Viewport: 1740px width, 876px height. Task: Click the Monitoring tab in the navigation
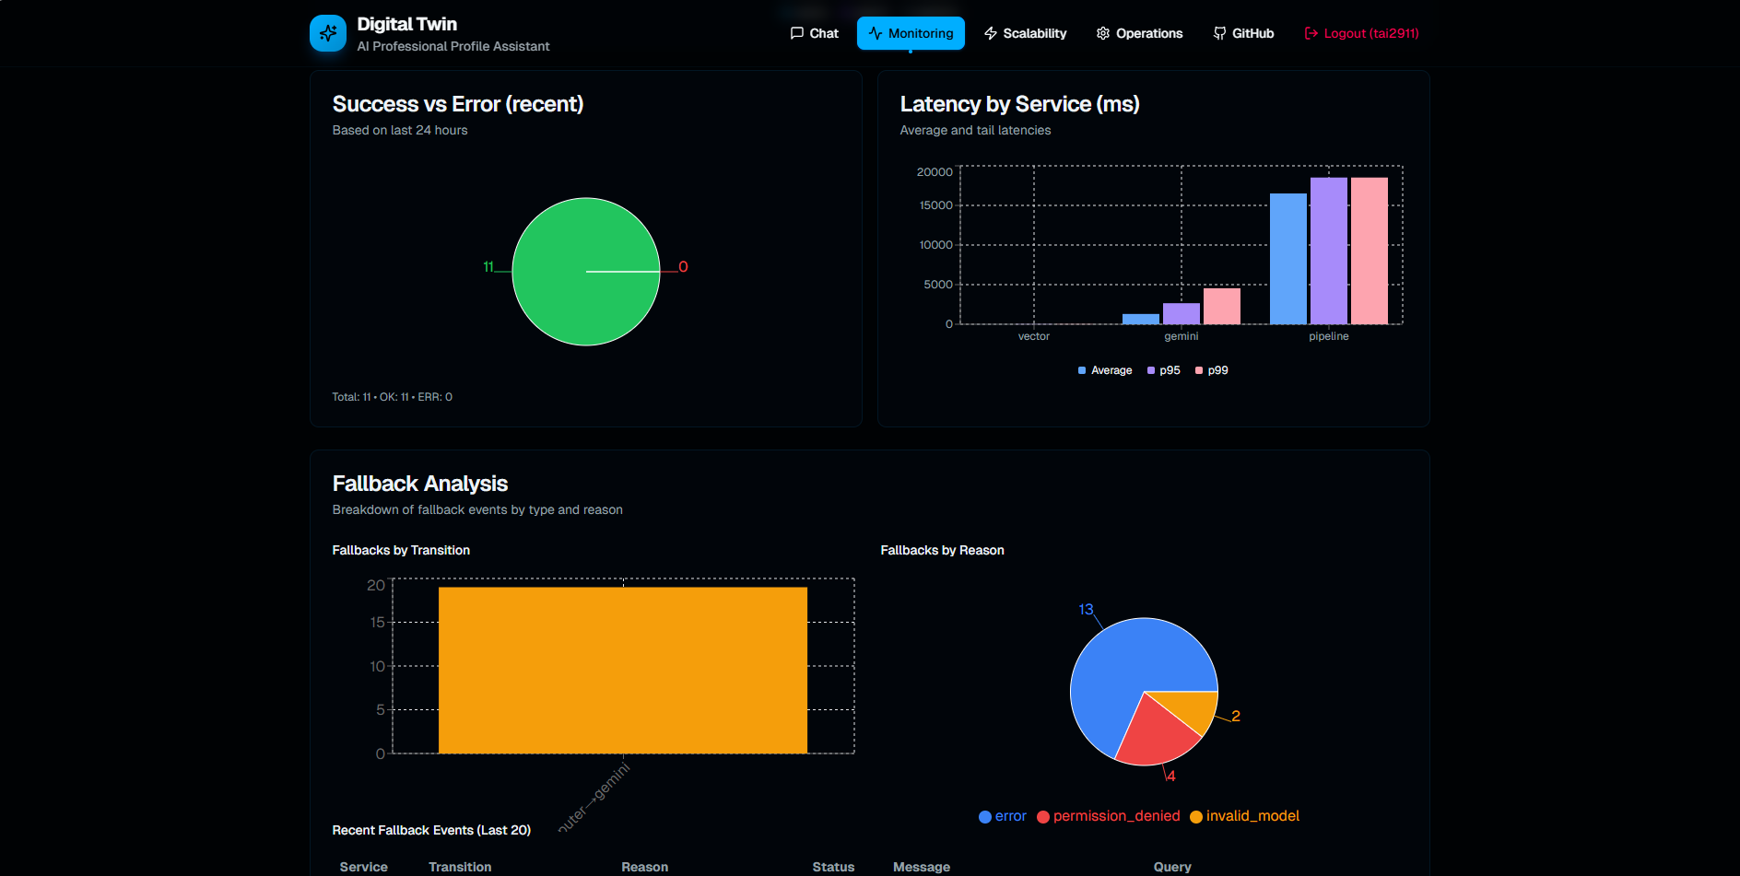911,33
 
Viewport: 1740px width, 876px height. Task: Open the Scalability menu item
1025,33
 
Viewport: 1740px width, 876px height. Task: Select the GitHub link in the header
1243,33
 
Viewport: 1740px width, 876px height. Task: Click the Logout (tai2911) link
1361,33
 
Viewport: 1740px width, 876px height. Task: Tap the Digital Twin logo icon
328,33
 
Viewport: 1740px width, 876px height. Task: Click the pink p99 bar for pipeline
1369,251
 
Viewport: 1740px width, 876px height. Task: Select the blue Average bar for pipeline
1287,259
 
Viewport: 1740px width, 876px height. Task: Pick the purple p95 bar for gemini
1181,313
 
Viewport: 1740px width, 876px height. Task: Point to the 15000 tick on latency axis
935,205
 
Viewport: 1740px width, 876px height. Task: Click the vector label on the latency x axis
1033,336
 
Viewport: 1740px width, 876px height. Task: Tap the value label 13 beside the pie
1086,609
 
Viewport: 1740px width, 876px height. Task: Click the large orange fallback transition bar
622,670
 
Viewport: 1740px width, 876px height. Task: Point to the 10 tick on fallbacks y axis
377,666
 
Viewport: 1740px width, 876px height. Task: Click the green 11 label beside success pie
488,266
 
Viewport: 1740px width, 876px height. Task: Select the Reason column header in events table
644,867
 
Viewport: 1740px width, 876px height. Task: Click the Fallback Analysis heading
419,484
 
